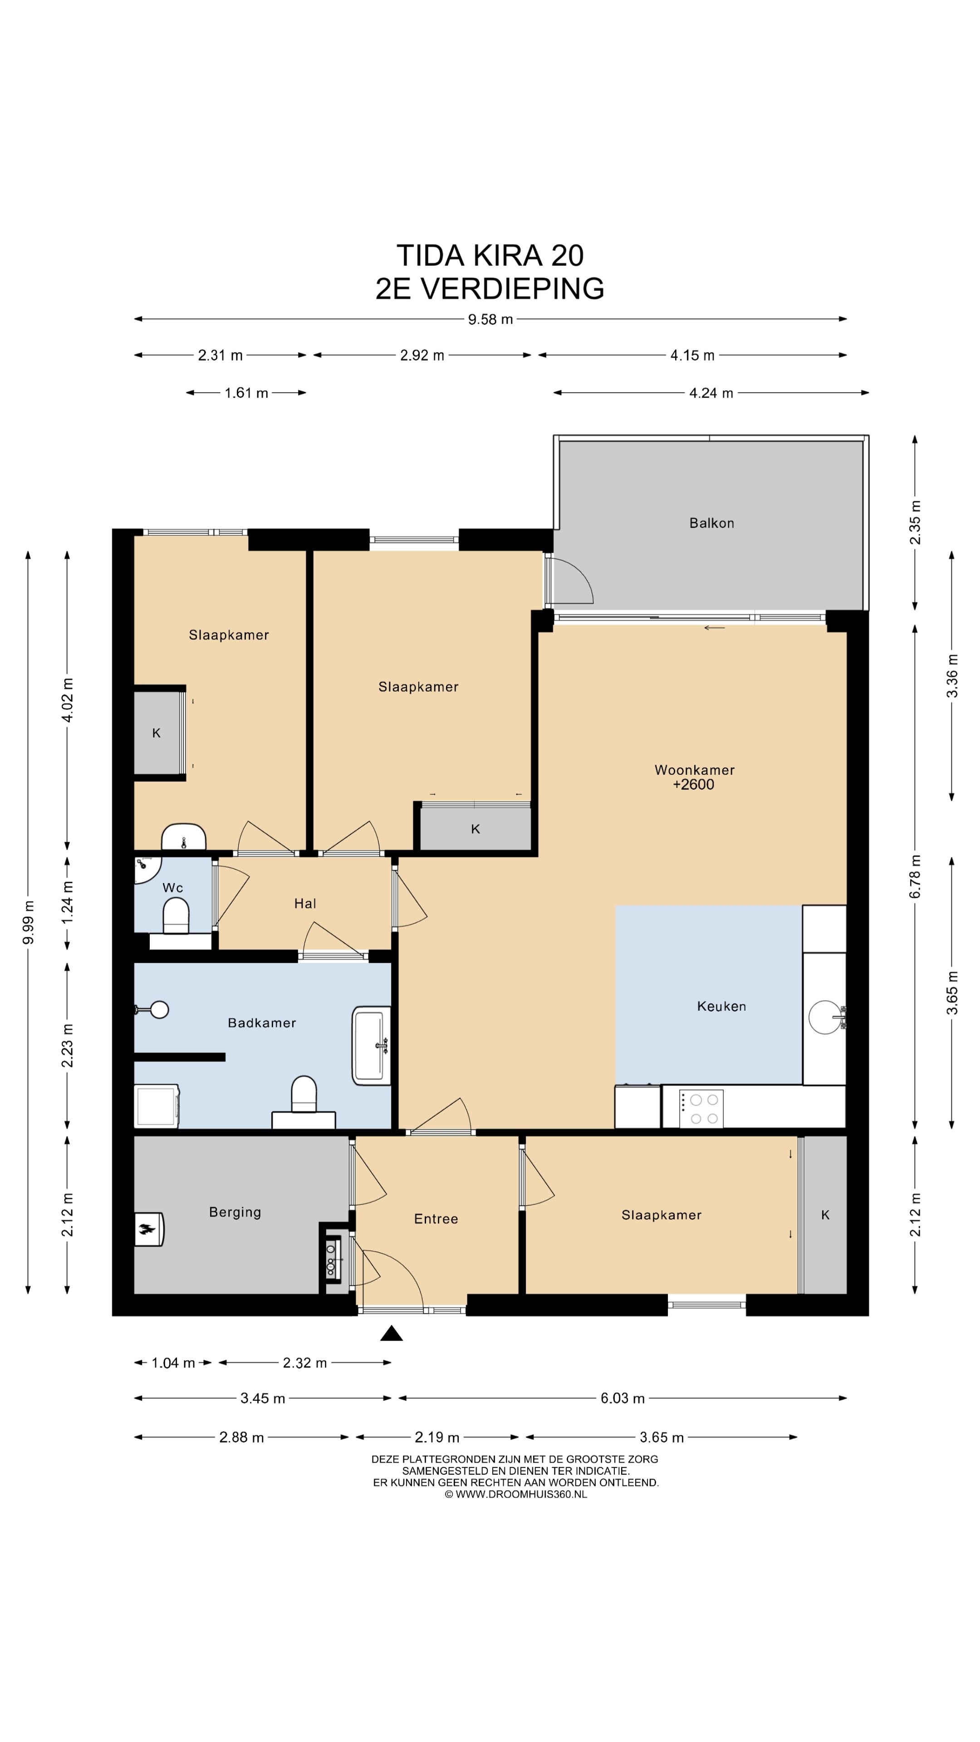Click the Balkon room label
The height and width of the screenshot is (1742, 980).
711,523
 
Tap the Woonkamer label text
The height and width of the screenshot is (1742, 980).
695,769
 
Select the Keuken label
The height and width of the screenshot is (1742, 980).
722,1006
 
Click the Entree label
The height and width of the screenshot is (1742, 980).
436,1218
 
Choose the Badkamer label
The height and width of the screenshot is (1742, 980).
262,1023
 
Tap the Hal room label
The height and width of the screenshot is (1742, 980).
305,904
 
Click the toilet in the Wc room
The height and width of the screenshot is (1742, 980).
176,920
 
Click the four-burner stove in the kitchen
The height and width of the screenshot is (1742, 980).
701,1109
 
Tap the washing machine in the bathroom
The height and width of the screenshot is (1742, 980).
157,1107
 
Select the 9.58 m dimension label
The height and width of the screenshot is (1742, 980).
490,320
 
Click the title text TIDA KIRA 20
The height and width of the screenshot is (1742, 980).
490,255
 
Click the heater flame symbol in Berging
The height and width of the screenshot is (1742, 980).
147,1229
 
